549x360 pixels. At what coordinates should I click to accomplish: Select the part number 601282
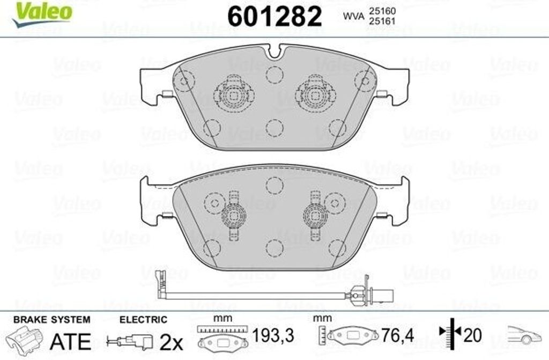pos(274,17)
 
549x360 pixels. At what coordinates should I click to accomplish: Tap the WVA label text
pos(353,16)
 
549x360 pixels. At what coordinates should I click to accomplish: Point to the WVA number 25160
pos(382,12)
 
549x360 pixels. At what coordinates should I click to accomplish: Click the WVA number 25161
pos(382,21)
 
